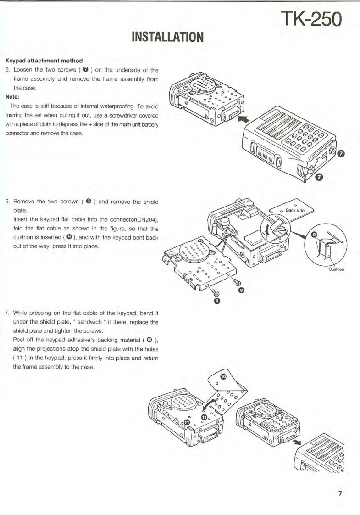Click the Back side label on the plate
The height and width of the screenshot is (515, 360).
(x=298, y=211)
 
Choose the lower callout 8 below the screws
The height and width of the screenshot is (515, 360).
(x=217, y=301)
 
